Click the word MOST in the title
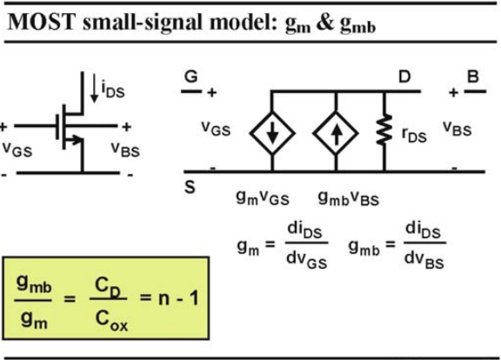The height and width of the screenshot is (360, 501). (x=41, y=22)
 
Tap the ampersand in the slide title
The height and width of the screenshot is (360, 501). (x=325, y=23)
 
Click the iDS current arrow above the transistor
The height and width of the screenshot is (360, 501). (x=94, y=88)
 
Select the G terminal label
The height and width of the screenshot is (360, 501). (x=191, y=77)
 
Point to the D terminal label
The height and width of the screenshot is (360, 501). (x=404, y=77)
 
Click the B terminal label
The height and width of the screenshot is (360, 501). (x=473, y=77)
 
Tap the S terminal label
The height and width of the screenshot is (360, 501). (x=190, y=187)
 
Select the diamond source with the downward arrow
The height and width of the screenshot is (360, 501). (x=272, y=133)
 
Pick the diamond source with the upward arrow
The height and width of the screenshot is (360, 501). (x=336, y=133)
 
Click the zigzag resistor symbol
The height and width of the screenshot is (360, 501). (x=384, y=130)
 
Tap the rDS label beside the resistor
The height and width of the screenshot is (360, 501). (x=414, y=135)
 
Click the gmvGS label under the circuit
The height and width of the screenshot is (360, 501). (x=263, y=197)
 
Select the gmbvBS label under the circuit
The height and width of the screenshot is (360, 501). (x=349, y=198)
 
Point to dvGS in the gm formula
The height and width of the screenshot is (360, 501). (x=307, y=260)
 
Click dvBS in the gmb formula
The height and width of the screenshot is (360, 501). (x=424, y=260)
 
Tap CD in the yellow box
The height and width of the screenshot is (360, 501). (x=108, y=287)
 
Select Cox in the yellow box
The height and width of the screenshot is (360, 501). (x=111, y=321)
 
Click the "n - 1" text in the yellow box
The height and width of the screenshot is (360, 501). (x=178, y=298)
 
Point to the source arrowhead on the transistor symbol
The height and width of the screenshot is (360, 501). (x=76, y=139)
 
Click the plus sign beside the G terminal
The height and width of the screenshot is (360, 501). (x=212, y=93)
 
